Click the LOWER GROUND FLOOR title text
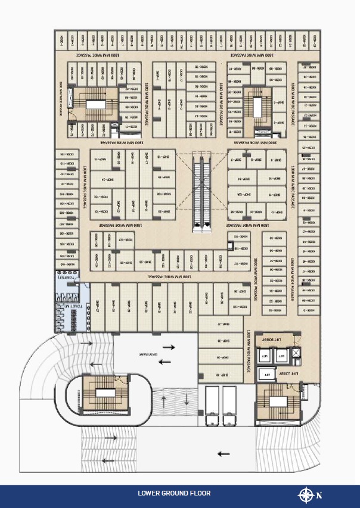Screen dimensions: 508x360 pos(174,493)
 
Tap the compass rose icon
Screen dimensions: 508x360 pos(306,494)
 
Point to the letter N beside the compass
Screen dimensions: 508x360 pos(319,495)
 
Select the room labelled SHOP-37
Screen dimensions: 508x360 pos(219,324)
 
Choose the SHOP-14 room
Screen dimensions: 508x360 pos(243,179)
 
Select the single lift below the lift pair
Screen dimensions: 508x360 pos(268,375)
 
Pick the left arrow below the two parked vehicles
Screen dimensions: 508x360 pos(223,454)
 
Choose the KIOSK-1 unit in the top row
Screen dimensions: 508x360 pos(61,40)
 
